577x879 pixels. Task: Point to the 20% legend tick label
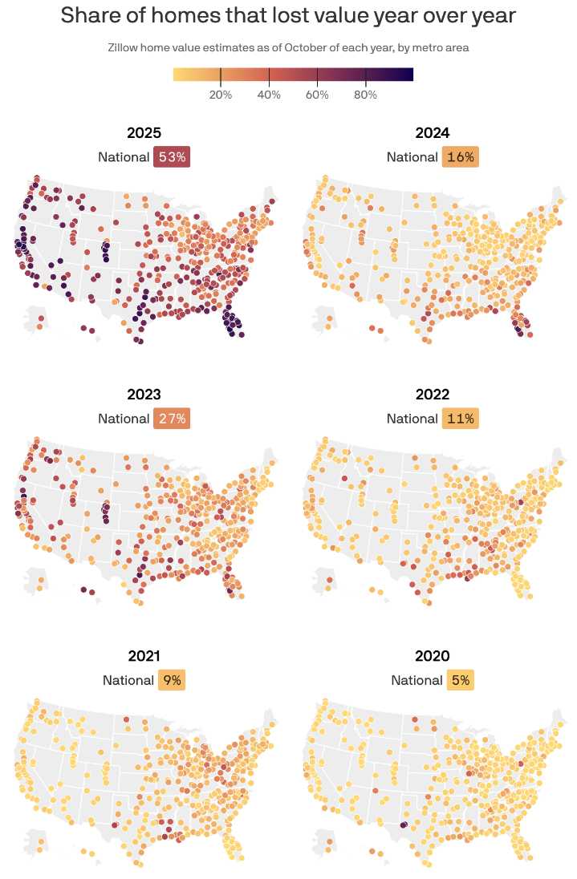pos(221,95)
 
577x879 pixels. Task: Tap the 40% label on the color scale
pos(269,95)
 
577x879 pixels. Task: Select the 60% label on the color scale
pos(317,95)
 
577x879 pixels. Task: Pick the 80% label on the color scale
pos(366,95)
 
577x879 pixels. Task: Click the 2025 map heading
pos(144,133)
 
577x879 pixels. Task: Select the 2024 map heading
pos(433,133)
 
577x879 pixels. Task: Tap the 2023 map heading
pos(144,395)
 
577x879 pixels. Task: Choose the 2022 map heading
pos(433,395)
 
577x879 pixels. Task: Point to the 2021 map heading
pos(144,657)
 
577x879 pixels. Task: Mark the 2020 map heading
pos(433,657)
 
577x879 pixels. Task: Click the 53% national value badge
pos(172,157)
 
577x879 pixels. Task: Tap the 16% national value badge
pos(461,157)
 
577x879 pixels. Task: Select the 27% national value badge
pos(172,419)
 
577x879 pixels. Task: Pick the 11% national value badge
pos(461,419)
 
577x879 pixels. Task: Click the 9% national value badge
pos(172,680)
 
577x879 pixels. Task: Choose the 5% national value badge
pos(461,680)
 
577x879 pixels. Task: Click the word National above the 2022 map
pos(412,419)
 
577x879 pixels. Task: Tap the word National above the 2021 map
pos(128,680)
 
